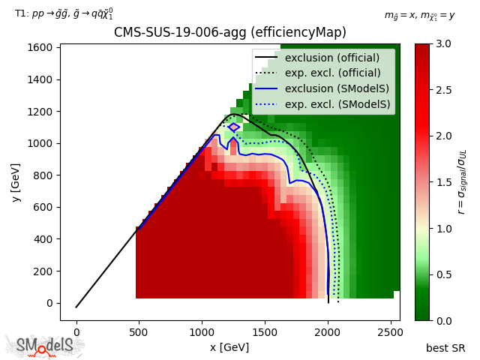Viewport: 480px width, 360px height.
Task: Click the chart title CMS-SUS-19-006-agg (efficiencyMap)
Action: click(x=229, y=33)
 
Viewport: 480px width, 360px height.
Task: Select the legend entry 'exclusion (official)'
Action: click(x=332, y=58)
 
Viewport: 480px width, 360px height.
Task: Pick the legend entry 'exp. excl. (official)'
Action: click(x=332, y=73)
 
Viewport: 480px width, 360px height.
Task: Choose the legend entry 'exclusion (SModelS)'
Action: click(x=332, y=89)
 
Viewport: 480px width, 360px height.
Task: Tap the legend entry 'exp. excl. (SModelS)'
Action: click(x=332, y=105)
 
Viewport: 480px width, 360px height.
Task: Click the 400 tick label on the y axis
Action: click(x=42, y=239)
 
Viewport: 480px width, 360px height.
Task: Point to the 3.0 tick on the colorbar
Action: click(x=443, y=43)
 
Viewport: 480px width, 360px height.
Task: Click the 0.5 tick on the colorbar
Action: click(x=443, y=274)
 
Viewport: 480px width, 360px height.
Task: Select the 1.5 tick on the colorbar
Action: click(x=443, y=182)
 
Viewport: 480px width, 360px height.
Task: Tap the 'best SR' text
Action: click(x=445, y=348)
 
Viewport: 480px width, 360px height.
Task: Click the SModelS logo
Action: click(x=45, y=346)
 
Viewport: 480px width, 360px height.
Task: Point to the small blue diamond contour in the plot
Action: click(x=234, y=127)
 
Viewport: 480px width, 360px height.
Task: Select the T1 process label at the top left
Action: click(x=64, y=13)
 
